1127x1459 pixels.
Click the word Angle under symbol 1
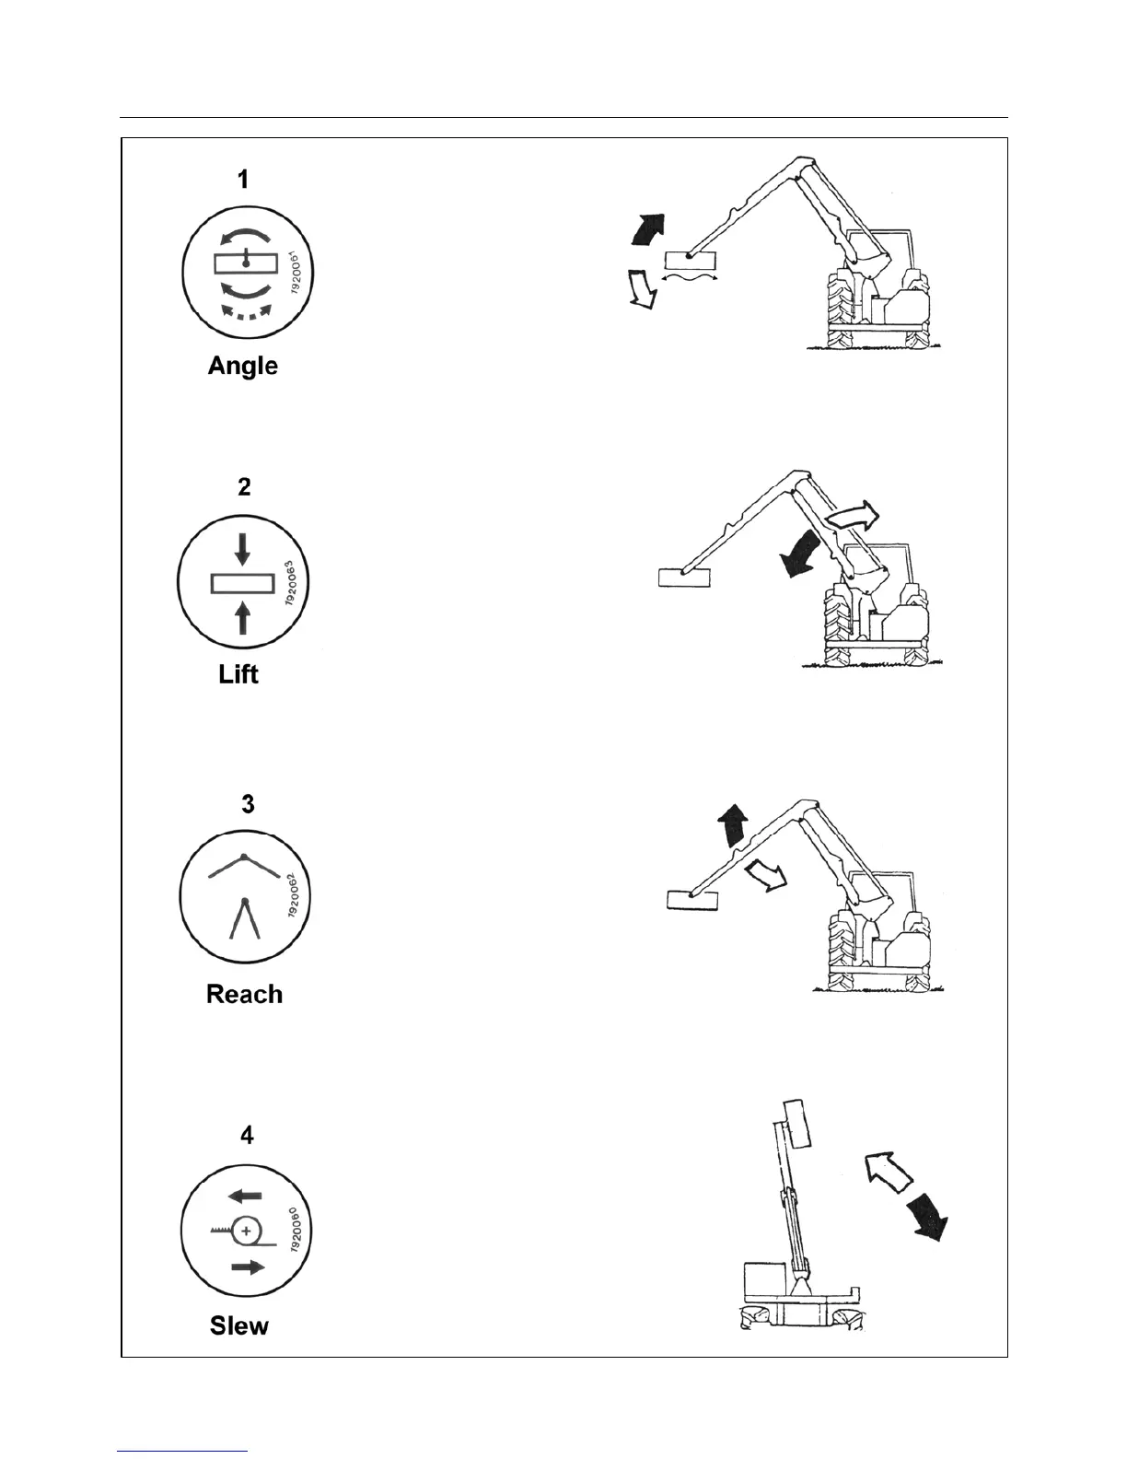point(243,366)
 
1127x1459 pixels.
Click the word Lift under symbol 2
point(238,674)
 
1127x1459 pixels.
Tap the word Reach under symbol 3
point(244,994)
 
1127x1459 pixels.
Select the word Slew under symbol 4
point(239,1325)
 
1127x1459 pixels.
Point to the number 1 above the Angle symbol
point(243,179)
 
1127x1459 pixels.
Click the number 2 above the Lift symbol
point(244,486)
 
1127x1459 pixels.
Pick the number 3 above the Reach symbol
point(248,804)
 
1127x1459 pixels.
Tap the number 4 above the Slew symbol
point(247,1135)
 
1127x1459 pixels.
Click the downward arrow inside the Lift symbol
point(242,550)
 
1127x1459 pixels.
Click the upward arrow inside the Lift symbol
point(243,616)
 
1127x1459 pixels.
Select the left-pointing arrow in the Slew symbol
point(245,1196)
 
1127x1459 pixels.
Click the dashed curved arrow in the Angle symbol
point(244,313)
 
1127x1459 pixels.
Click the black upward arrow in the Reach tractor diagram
point(734,823)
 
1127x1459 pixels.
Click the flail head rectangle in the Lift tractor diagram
point(685,577)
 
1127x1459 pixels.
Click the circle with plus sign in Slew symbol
point(246,1231)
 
